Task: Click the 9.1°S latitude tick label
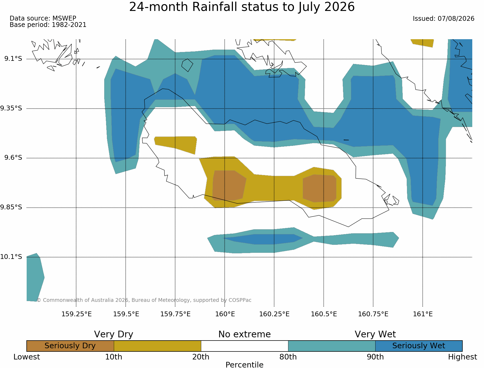13,58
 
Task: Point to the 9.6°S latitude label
13,158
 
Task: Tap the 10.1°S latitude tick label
11,257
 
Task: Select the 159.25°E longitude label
76,314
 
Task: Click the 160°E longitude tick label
225,314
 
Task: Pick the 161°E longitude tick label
423,314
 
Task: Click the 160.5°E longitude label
324,314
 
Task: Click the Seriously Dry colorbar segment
70,346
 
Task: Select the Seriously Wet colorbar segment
419,346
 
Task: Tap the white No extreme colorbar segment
245,346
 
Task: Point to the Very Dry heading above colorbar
114,334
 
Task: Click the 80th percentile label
288,357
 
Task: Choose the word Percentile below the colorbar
244,365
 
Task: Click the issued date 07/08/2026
456,19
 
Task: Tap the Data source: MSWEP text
43,18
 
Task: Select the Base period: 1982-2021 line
48,25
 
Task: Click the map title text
242,7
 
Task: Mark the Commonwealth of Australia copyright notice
144,300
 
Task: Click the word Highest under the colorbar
462,357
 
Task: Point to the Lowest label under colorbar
27,357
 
